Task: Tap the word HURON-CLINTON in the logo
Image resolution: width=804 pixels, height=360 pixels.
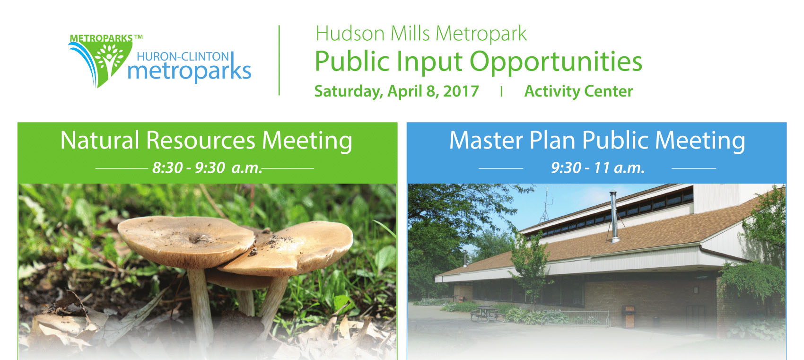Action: pos(183,57)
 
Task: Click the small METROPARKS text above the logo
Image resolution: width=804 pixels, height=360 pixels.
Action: pos(101,38)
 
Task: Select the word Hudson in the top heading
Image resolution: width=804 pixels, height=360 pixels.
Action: pos(350,34)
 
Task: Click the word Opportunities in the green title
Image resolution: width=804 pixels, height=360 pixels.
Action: pos(556,62)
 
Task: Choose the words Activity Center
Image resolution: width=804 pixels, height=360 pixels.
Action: pos(578,91)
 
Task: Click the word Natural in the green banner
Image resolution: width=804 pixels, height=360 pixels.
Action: pos(100,140)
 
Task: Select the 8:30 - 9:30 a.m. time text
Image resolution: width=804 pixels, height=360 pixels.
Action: pos(208,168)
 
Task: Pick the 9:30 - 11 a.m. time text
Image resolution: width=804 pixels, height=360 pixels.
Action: pos(598,168)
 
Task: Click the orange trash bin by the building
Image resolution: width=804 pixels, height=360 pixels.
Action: pos(629,316)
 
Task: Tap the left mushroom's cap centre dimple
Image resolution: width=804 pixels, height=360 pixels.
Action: pos(196,238)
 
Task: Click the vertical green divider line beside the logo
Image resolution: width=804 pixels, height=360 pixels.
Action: pos(279,60)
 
